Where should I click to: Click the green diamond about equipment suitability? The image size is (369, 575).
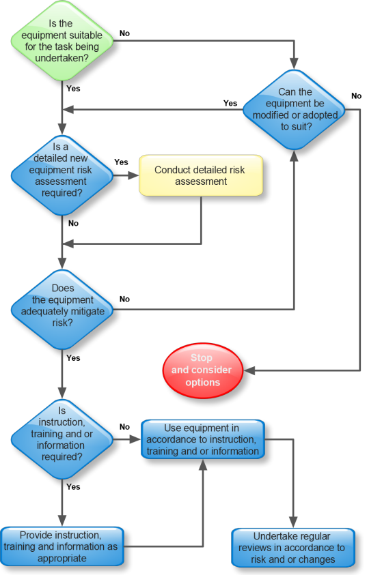62,41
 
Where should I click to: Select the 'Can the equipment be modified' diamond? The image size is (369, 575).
294,109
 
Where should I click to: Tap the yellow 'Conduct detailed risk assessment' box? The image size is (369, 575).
201,175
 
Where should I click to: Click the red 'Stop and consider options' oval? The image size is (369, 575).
202,370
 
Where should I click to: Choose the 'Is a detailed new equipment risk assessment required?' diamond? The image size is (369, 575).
62,175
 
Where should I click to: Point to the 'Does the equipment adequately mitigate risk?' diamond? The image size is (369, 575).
62,310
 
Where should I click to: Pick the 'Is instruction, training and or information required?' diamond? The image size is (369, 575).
62,439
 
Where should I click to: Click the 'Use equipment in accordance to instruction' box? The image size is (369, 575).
203,439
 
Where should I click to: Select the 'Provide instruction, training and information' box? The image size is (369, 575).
61,546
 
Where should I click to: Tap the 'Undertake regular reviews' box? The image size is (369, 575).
293,548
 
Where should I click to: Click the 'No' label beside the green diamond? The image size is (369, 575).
124,33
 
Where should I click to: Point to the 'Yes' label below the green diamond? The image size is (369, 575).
73,89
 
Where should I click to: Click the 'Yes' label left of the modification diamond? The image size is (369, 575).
230,104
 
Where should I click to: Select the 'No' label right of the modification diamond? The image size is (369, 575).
356,95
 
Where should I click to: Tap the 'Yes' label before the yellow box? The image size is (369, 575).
121,162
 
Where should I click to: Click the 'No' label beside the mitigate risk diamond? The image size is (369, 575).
124,299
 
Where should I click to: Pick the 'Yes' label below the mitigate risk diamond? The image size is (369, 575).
73,358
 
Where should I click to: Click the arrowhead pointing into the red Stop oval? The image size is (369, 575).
249,370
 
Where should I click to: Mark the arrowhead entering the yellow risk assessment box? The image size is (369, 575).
133,175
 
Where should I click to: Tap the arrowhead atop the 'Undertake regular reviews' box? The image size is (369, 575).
293,522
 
